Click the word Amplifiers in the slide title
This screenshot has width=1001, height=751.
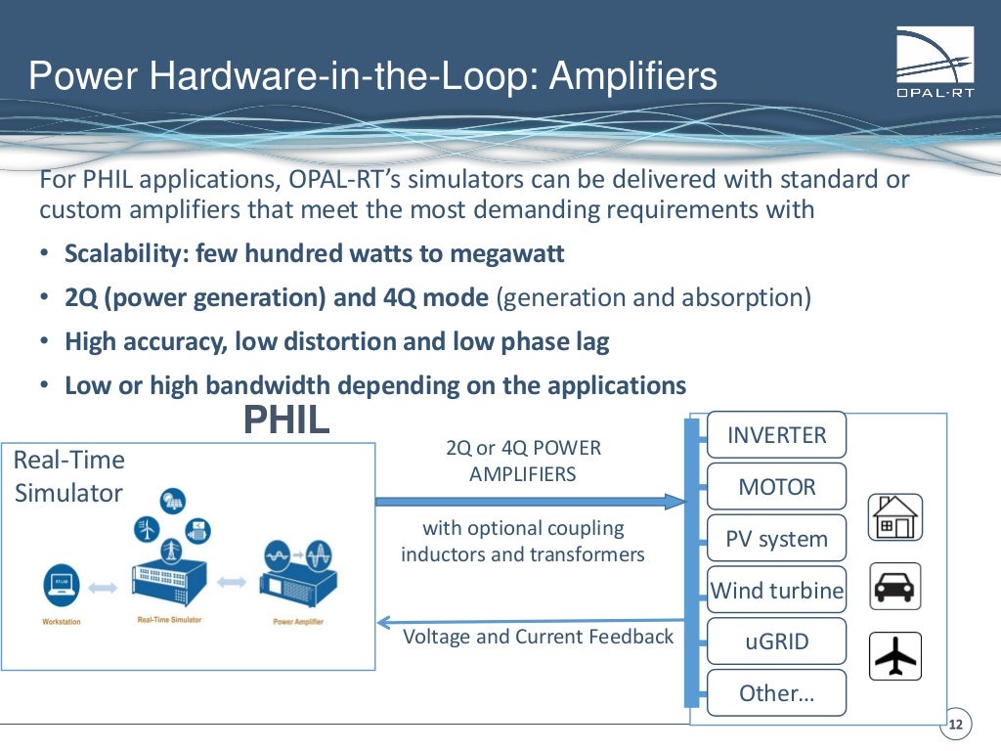coord(633,76)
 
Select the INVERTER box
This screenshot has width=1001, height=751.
coord(776,435)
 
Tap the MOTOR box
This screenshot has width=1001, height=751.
coord(776,487)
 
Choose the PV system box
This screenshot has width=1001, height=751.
coord(776,539)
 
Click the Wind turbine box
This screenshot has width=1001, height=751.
coord(776,591)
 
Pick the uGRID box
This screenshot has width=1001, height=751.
coord(776,642)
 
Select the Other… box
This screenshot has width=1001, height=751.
coord(776,693)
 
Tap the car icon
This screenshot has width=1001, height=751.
coord(894,587)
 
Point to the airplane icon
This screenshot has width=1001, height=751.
coord(894,656)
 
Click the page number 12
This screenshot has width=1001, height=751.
coord(956,725)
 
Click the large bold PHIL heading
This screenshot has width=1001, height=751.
coord(286,420)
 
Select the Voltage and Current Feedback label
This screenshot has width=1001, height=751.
coord(539,637)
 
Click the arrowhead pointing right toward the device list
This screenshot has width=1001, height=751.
coord(676,502)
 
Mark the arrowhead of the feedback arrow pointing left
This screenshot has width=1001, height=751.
coord(385,621)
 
